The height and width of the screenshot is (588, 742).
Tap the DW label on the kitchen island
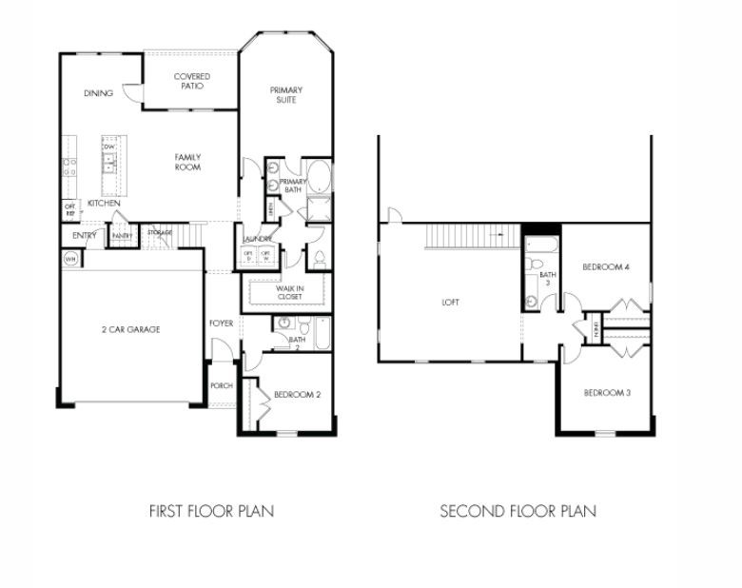(109, 147)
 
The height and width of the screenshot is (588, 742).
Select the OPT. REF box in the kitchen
(69, 208)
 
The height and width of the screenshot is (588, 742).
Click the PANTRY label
(122, 235)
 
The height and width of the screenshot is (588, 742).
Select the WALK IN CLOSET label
(289, 292)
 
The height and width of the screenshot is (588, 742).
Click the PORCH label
(221, 386)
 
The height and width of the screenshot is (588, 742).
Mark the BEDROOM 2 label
(297, 395)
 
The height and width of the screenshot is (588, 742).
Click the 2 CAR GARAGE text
(130, 330)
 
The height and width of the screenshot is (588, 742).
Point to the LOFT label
(450, 303)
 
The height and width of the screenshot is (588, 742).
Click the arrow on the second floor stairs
(495, 232)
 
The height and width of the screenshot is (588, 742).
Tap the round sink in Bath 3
(530, 301)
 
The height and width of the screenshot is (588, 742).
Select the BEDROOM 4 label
(606, 267)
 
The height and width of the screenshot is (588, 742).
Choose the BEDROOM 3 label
(606, 393)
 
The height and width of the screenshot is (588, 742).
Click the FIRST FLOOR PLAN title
(211, 511)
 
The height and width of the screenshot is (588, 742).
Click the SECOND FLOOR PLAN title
(517, 511)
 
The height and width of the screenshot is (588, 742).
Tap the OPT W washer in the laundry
(265, 255)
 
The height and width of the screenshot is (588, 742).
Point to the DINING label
(99, 93)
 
